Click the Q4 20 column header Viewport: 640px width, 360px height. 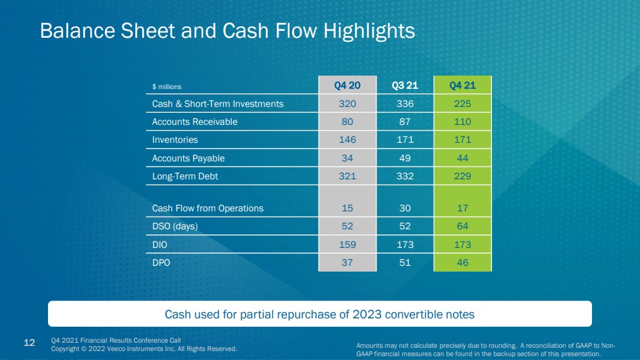(347, 85)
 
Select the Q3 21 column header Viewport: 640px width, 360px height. (405, 85)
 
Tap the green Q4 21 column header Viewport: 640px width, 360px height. (463, 85)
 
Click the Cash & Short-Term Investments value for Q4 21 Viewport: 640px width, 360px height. (463, 104)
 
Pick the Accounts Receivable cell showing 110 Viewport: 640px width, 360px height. (463, 122)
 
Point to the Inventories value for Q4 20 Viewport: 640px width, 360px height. (347, 140)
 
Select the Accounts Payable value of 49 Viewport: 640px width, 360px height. (405, 158)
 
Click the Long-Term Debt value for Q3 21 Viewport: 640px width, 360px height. (405, 176)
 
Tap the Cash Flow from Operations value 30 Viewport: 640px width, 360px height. (405, 208)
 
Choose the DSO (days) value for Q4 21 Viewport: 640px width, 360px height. (463, 226)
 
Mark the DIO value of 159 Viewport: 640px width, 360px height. (347, 245)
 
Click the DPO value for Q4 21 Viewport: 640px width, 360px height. (463, 263)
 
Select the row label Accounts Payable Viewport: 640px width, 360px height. (188, 158)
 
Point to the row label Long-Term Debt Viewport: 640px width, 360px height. (185, 176)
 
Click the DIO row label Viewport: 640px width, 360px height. (160, 245)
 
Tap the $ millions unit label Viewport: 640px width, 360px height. (167, 86)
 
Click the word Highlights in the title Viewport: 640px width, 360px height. (369, 31)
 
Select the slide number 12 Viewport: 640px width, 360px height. (29, 343)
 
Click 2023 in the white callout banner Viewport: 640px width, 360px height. (367, 315)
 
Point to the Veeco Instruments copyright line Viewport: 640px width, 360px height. (144, 349)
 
